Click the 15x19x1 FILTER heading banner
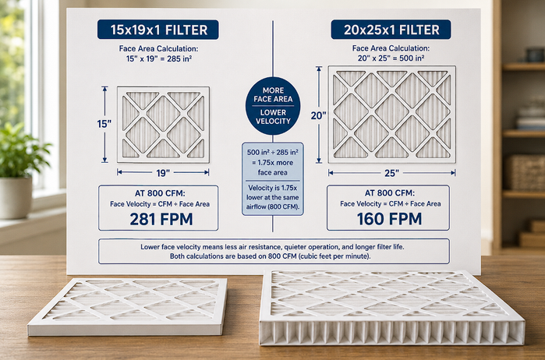pos(157,30)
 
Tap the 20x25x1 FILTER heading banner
pos(391,30)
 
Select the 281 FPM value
pos(161,219)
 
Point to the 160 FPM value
pos(389,219)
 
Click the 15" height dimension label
pos(104,124)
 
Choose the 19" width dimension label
pos(163,173)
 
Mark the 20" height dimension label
pos(319,115)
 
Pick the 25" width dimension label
pos(391,173)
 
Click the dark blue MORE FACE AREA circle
pos(273,106)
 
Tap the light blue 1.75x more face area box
pos(273,179)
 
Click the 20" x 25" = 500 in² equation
pos(391,58)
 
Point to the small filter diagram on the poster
pos(164,125)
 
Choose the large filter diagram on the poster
pos(391,115)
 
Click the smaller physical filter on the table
pos(128,306)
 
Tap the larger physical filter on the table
pos(391,308)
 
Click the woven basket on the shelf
pos(525,172)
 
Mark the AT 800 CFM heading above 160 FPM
pos(389,193)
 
